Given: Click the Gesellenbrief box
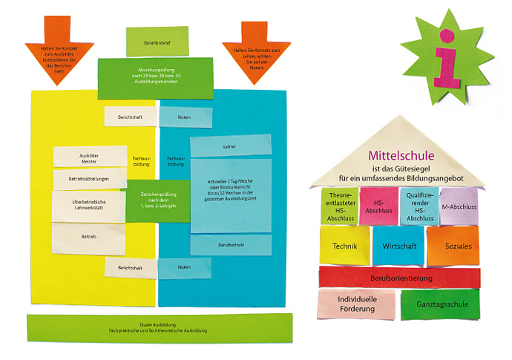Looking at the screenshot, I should tap(157, 42).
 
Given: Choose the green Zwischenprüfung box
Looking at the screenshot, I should tap(157, 199).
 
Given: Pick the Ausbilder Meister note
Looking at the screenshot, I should tap(88, 157).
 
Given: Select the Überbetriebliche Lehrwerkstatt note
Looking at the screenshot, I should tap(89, 207).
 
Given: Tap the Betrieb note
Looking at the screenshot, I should tap(89, 237).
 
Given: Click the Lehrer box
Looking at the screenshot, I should tap(229, 147).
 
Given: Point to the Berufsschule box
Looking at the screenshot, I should tap(229, 244).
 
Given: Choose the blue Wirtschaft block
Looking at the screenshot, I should tap(398, 246).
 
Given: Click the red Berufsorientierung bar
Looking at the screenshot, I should tap(399, 278).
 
